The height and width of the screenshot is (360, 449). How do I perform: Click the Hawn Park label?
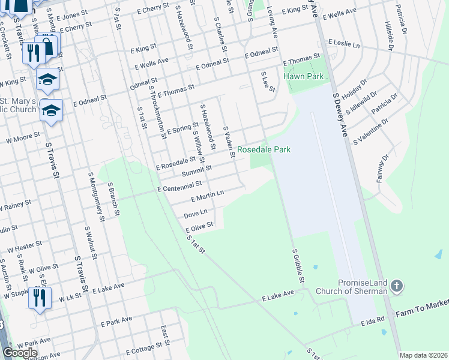coord(307,76)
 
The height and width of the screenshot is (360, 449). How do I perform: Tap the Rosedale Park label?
coord(264,149)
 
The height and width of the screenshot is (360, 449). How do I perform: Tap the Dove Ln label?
coord(196,213)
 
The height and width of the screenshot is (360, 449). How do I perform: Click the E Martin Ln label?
coord(207,195)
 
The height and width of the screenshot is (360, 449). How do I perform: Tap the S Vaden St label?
coord(228,138)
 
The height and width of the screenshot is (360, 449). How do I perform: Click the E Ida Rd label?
coord(372,322)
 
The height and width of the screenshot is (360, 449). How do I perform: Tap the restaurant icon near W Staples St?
coord(40,298)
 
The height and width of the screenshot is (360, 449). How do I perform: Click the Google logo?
coord(20,353)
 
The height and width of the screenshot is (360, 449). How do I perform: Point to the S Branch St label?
coord(113,200)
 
